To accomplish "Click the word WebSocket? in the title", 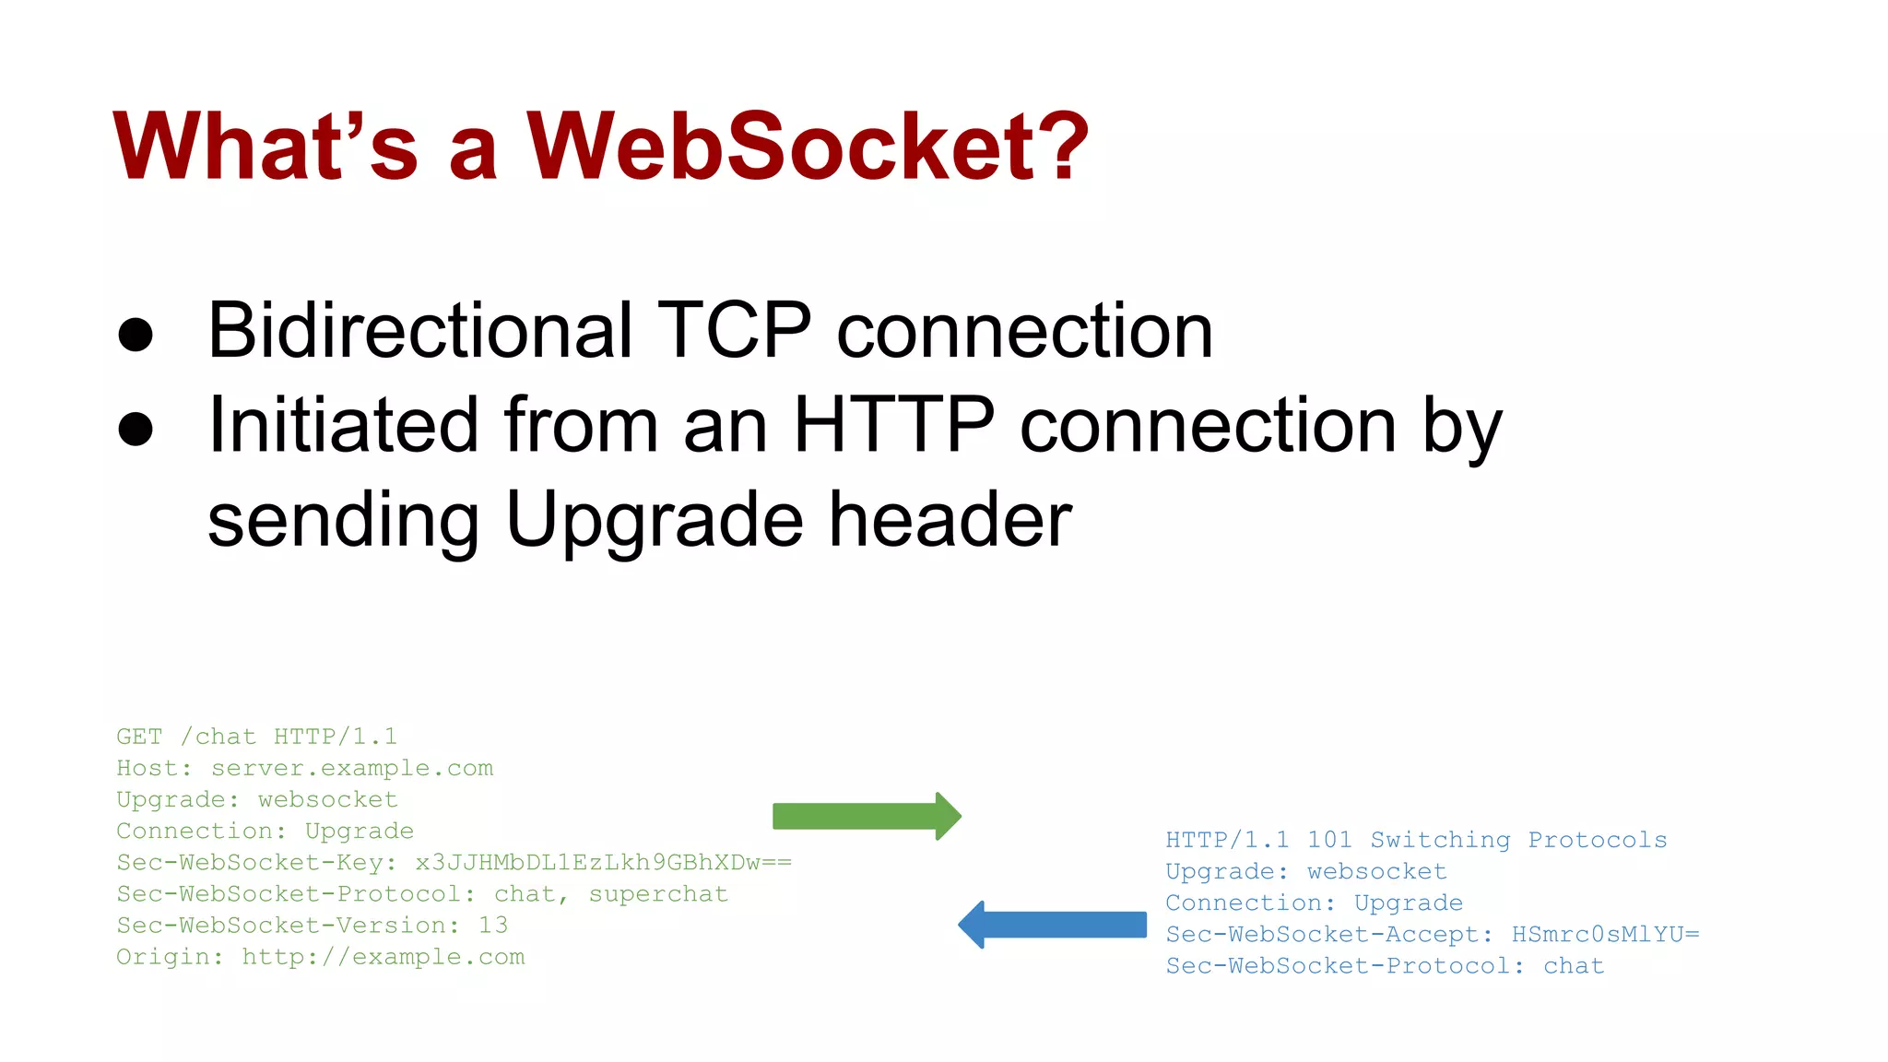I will pyautogui.click(x=808, y=146).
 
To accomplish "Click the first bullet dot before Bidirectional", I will pyautogui.click(x=136, y=335).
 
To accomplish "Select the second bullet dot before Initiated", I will pyautogui.click(x=136, y=429).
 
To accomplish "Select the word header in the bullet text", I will pyautogui.click(x=950, y=519).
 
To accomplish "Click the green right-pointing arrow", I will pyautogui.click(x=866, y=816).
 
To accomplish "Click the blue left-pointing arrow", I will pyautogui.click(x=1052, y=925).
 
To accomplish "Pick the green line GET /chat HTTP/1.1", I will pyautogui.click(x=256, y=737).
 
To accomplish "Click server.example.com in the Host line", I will pyautogui.click(x=352, y=768).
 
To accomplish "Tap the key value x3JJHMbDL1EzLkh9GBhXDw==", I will pyautogui.click(x=603, y=863).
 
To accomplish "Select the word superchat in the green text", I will pyautogui.click(x=658, y=894).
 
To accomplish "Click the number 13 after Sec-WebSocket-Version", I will pyautogui.click(x=493, y=926).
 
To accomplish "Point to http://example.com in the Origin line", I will pyautogui.click(x=383, y=957).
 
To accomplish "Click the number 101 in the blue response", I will pyautogui.click(x=1329, y=840).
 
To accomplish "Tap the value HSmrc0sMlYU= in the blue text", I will pyautogui.click(x=1605, y=935).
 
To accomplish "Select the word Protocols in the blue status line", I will pyautogui.click(x=1597, y=840).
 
